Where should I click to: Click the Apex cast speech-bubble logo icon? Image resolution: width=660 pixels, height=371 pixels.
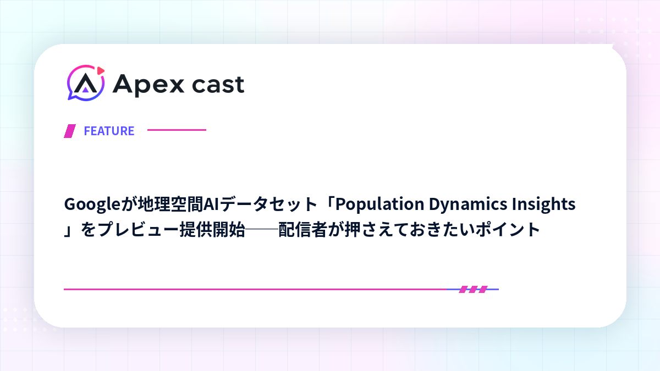tap(86, 83)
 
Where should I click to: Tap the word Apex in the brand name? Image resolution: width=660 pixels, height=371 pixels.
tap(148, 85)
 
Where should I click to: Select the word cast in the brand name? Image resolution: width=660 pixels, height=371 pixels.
tap(218, 85)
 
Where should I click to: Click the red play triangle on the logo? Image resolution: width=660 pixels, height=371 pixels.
tap(101, 71)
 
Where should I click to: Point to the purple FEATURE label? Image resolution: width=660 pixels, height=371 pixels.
tap(109, 131)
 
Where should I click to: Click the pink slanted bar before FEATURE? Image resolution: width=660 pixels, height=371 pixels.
tap(70, 131)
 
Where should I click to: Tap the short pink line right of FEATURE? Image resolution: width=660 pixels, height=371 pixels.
tap(177, 130)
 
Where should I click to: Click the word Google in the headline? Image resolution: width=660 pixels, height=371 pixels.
tap(92, 204)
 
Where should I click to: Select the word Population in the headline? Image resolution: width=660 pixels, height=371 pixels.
tap(380, 204)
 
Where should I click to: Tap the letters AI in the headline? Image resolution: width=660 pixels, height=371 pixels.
tap(211, 204)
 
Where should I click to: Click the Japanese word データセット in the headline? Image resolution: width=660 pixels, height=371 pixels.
tap(268, 204)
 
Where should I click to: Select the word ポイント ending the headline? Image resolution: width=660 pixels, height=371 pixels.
tap(508, 230)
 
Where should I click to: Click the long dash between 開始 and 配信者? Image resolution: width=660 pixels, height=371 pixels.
tap(262, 229)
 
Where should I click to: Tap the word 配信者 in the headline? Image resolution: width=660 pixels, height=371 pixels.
tap(303, 230)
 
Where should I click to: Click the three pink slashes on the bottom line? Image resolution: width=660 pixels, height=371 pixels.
tap(473, 290)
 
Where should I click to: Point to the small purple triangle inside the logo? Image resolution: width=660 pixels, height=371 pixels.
tap(85, 90)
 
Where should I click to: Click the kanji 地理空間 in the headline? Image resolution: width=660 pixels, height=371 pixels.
tap(170, 204)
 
